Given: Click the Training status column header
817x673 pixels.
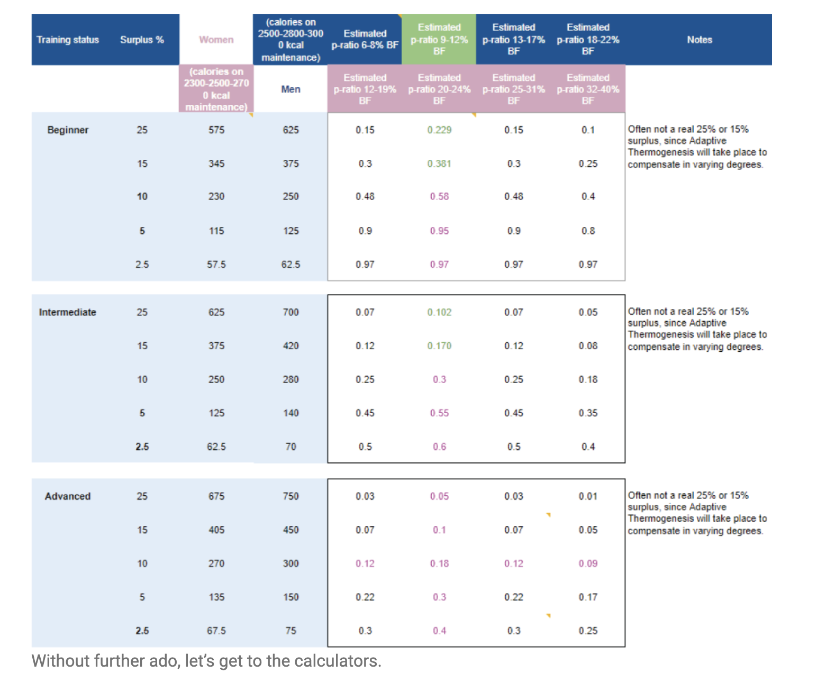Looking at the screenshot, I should tap(68, 40).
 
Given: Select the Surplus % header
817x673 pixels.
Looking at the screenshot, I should tap(142, 40).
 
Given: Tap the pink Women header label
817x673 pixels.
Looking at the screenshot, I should tap(216, 40).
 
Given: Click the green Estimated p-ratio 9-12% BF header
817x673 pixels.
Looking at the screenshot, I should tap(439, 39).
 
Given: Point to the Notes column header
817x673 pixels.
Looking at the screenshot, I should tap(699, 40).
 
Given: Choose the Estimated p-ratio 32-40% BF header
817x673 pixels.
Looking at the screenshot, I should tap(588, 89).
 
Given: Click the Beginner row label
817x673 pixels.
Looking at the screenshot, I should tap(68, 130).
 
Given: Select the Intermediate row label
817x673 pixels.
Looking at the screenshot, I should tap(67, 312).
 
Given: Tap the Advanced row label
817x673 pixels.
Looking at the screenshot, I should tap(68, 496).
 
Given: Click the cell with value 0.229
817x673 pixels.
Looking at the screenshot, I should tap(439, 130).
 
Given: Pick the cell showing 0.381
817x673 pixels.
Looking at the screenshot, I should tap(439, 164).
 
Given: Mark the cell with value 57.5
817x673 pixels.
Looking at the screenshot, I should tap(216, 265).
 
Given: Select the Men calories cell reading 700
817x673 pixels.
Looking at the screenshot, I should tap(291, 312).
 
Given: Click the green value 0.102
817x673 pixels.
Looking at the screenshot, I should tap(439, 312).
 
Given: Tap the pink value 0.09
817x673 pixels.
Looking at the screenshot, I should tap(588, 563).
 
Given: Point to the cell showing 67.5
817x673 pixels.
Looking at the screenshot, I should tap(216, 631).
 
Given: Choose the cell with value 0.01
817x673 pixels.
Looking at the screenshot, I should tap(588, 496).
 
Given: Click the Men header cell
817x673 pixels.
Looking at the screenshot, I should tap(291, 89).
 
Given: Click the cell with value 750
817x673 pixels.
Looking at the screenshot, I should tap(291, 496).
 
